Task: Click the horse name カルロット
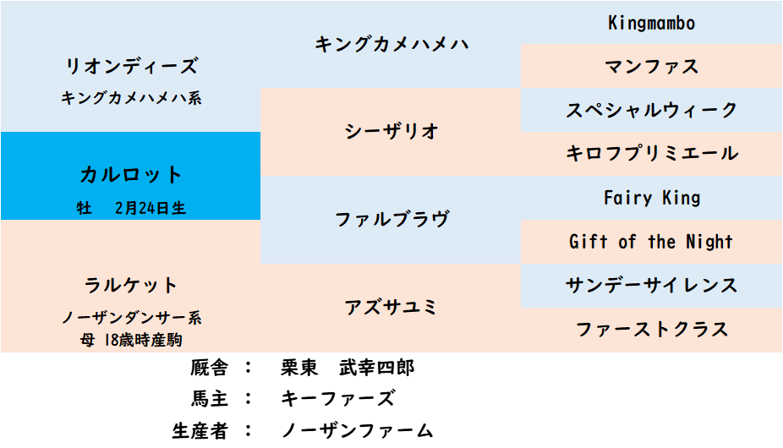coord(131,175)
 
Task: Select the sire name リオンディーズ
coord(132,66)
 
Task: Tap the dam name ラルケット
coord(131,285)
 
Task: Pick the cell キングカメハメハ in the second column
coord(391,45)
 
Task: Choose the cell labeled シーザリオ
coord(391,131)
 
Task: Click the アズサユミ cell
coord(391,307)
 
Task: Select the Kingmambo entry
coord(652,23)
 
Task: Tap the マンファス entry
coord(652,67)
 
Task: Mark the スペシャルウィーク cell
coord(652,110)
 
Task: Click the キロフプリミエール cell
coord(652,153)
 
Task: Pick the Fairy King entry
coord(652,198)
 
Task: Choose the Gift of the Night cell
coord(651,242)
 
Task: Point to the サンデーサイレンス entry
coord(652,285)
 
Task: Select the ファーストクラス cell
coord(652,329)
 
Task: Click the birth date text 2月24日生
coord(151,208)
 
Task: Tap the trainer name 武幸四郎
coord(377,368)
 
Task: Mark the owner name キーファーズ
coord(338,399)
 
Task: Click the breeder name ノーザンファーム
coord(357,430)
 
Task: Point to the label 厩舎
coord(209,368)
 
